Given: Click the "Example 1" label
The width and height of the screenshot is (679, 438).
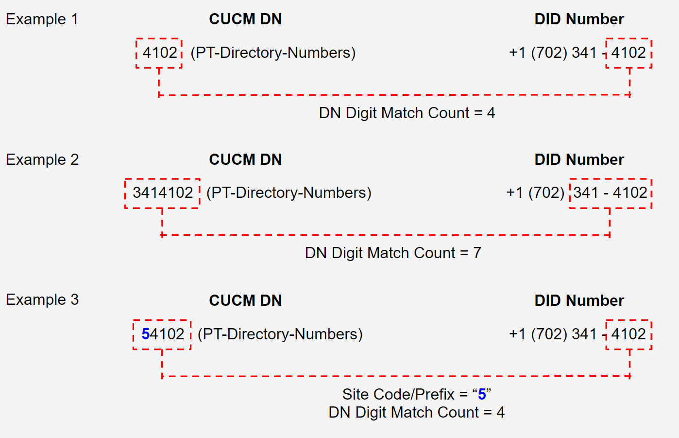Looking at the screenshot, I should [42, 19].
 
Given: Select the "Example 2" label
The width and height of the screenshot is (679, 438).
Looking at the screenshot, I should [42, 159].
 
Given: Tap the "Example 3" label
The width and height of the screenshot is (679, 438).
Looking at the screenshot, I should [42, 299].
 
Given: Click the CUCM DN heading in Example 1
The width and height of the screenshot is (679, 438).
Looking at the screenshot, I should [245, 19].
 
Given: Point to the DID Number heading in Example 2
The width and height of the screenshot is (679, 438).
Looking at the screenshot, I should [579, 159].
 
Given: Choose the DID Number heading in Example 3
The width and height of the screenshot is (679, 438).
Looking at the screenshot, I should [579, 300].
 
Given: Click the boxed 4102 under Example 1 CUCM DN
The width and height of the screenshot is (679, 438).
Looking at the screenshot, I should [160, 53].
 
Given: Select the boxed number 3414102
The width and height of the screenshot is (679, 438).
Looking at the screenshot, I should [163, 193].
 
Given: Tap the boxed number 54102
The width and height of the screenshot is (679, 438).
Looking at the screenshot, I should [163, 334].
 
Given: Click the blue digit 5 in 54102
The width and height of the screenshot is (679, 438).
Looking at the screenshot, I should [146, 334].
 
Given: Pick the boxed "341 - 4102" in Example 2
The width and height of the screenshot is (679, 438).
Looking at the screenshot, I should [611, 193].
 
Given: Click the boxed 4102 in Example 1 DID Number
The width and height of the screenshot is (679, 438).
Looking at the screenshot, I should [628, 53].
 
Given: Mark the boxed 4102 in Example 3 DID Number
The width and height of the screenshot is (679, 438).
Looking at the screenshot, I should [628, 334].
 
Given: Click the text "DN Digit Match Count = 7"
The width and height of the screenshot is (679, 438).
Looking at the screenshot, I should [393, 253].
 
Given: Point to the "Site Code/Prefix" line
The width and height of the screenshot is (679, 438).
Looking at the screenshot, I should [416, 394].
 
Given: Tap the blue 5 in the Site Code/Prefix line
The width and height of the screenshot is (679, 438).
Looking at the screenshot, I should [482, 394].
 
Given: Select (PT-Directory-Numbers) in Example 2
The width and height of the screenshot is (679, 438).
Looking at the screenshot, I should [289, 193].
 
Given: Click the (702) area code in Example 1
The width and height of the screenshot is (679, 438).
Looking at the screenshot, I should [549, 53].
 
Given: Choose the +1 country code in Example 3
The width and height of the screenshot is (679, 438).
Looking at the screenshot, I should [517, 334].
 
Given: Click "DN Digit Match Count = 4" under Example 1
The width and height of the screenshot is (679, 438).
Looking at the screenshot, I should [407, 113].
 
